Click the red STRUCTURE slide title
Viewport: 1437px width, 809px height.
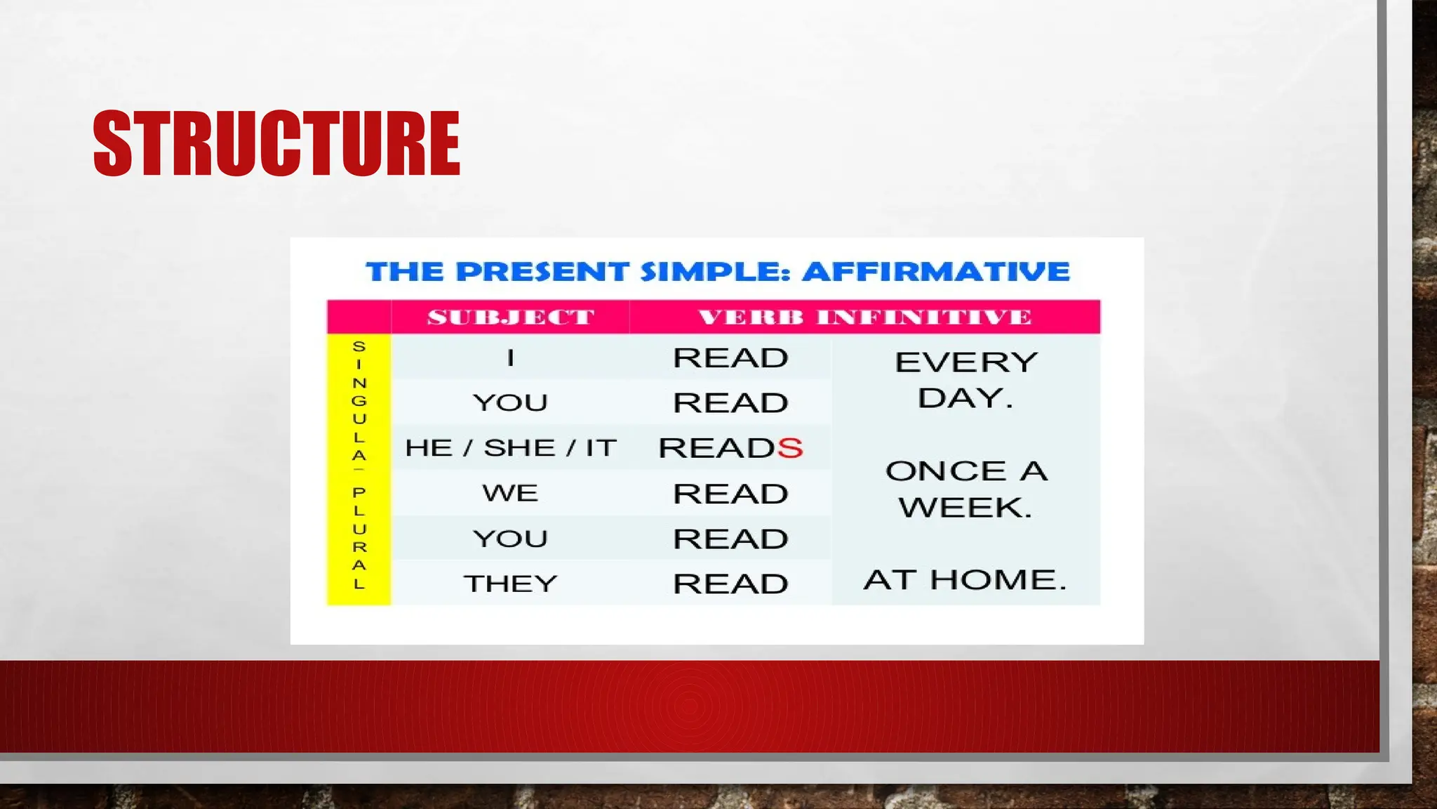276,143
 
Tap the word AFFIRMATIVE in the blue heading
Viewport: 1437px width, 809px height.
936,272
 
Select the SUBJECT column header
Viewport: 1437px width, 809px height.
511,317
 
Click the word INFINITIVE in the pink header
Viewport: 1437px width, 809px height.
923,317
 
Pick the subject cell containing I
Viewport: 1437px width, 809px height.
511,358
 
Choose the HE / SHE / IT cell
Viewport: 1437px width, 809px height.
511,448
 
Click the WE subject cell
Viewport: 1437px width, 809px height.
511,493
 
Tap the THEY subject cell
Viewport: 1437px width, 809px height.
511,584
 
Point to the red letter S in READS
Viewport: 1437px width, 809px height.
790,448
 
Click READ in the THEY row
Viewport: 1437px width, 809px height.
730,584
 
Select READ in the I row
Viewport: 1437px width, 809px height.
730,358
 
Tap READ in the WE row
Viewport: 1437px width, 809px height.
730,494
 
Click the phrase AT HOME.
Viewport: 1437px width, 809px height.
965,580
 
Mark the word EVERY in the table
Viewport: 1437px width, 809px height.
966,362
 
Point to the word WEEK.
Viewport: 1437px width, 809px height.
965,507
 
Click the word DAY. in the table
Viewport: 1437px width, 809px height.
965,398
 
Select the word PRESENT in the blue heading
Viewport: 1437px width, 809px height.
542,272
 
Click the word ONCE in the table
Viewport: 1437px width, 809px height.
946,471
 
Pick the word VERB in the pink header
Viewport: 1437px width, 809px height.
750,317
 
